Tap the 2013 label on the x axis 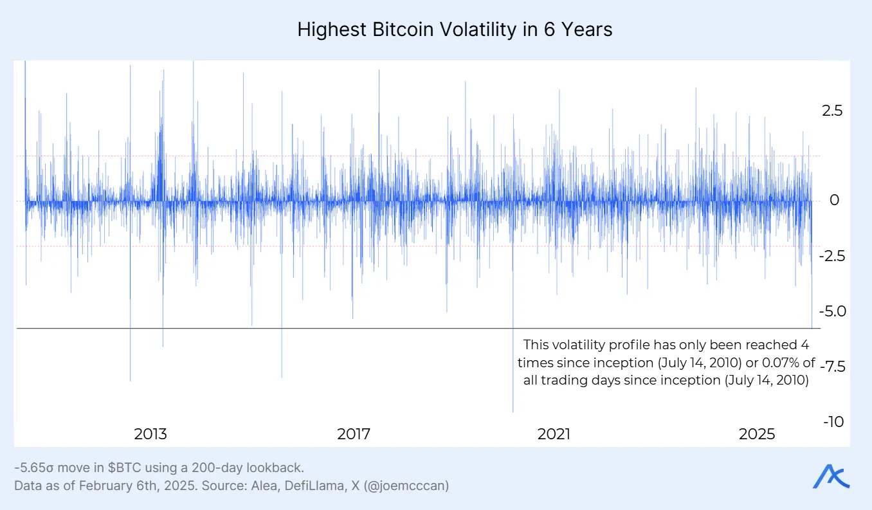(150, 434)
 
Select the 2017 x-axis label (354, 434)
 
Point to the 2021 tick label (554, 434)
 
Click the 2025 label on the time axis (757, 434)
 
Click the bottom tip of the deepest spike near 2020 (513, 412)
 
